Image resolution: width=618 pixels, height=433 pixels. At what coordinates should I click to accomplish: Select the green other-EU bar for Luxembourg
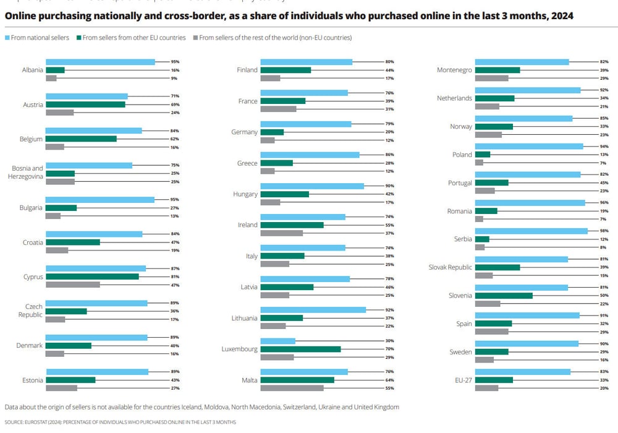[300, 349]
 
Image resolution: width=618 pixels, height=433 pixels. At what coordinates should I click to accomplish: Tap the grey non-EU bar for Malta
[292, 388]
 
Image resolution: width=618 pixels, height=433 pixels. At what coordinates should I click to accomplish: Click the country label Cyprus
[32, 277]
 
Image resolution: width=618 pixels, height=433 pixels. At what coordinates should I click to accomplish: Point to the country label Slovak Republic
[451, 267]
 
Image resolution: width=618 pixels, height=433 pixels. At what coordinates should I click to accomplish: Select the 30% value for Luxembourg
[389, 341]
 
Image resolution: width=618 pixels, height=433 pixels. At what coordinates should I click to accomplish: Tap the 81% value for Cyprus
[175, 277]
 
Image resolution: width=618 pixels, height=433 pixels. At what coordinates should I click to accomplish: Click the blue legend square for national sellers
[7, 38]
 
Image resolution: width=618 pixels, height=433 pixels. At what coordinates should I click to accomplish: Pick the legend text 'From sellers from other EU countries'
[134, 38]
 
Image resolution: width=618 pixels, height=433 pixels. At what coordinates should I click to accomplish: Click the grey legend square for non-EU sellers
[195, 38]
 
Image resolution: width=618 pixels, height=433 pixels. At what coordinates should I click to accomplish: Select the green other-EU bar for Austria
[85, 105]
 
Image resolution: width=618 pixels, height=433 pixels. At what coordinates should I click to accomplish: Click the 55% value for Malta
[389, 388]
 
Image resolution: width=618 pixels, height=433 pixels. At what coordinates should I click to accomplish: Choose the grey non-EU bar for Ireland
[281, 233]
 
